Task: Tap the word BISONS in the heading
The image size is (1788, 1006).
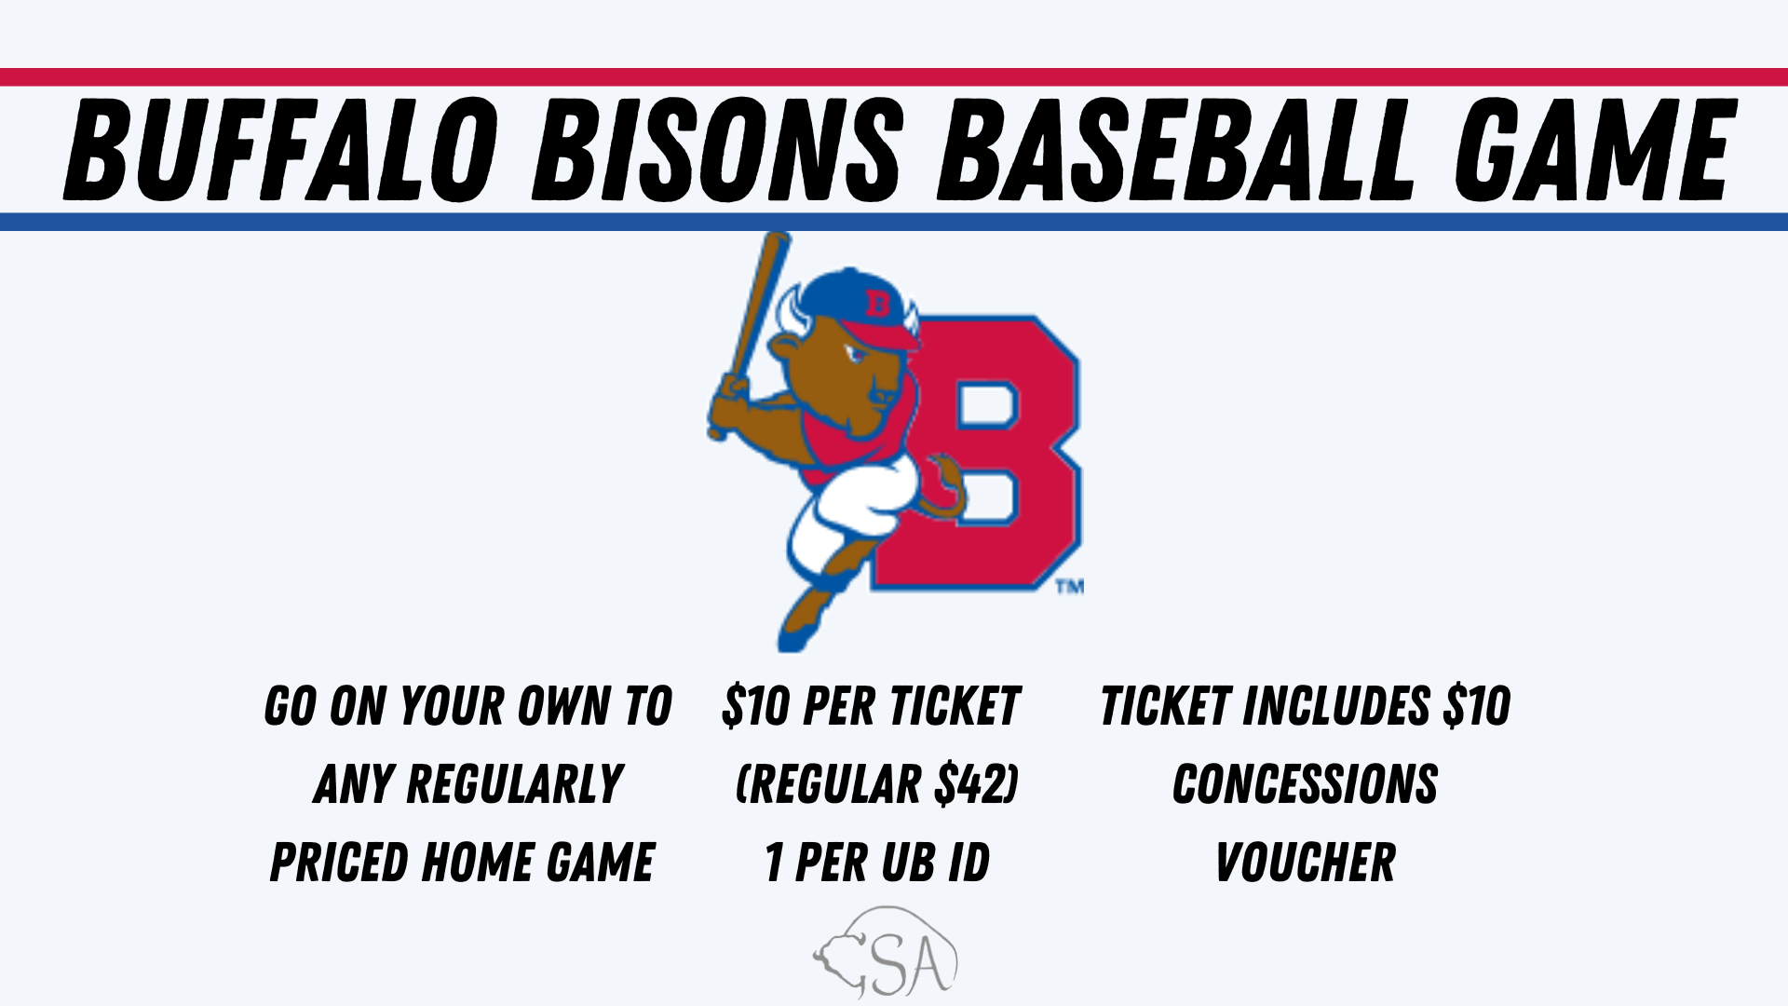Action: pyautogui.click(x=717, y=150)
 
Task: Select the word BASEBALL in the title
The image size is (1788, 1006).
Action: pyautogui.click(x=1176, y=150)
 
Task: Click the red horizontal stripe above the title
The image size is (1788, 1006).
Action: pyautogui.click(x=894, y=77)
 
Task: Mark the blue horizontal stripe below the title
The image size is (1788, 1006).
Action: pyautogui.click(x=894, y=222)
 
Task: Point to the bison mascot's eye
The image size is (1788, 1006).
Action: pyautogui.click(x=855, y=355)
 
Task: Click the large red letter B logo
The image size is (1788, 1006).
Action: pyautogui.click(x=987, y=452)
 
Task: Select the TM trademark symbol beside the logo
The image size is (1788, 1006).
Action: pyautogui.click(x=1070, y=587)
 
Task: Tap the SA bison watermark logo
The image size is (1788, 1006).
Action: pyautogui.click(x=885, y=952)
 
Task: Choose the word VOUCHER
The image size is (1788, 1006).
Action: pyautogui.click(x=1306, y=862)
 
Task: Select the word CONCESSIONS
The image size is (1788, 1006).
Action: pyautogui.click(x=1306, y=783)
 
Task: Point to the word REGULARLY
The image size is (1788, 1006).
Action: pyautogui.click(x=515, y=783)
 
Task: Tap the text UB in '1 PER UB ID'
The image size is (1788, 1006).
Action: pyautogui.click(x=894, y=862)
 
